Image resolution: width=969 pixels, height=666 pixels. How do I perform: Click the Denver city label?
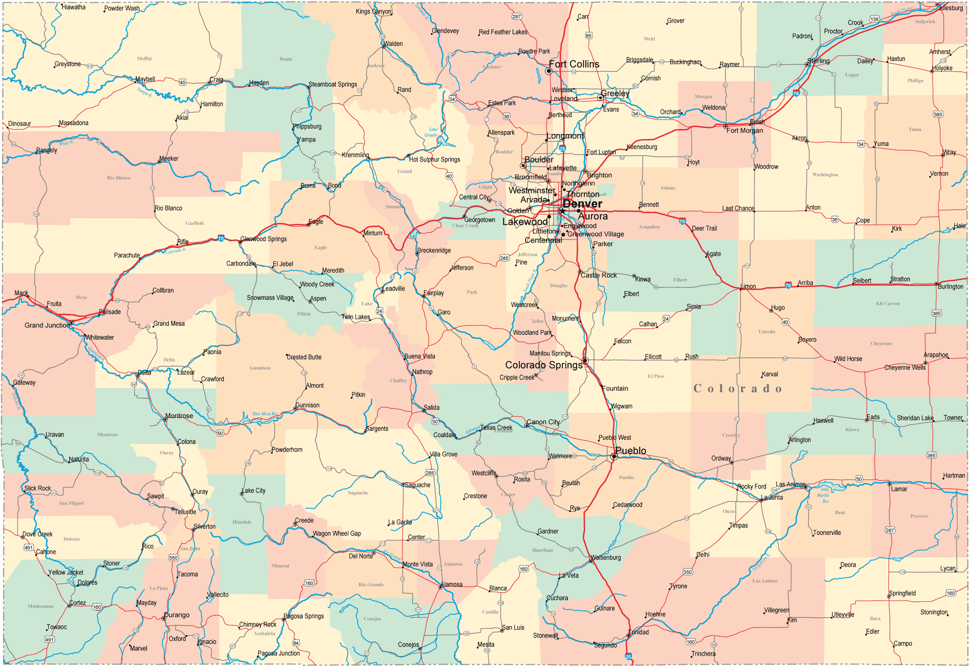tap(582, 204)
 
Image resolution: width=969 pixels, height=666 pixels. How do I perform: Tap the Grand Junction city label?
tap(47, 325)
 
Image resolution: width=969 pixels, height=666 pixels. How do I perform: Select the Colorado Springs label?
tap(544, 365)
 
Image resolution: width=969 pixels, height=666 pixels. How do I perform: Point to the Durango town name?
tap(176, 615)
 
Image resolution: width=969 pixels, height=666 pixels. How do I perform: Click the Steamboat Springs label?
tap(333, 84)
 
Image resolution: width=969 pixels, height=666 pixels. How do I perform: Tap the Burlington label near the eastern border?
tap(950, 286)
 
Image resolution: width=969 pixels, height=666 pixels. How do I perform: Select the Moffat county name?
tap(144, 59)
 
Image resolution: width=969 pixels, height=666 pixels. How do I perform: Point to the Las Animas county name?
tap(764, 581)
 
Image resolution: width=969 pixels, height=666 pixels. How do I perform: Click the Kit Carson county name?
tap(888, 303)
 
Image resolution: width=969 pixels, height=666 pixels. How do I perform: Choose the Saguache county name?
tap(358, 493)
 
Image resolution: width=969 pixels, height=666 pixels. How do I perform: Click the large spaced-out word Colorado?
tap(738, 388)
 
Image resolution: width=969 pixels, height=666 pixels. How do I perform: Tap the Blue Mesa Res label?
tap(265, 414)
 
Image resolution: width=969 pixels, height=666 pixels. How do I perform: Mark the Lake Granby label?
tap(432, 132)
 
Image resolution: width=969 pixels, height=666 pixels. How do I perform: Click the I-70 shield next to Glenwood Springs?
tap(221, 239)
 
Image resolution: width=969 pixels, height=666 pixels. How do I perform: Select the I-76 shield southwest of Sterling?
tap(796, 94)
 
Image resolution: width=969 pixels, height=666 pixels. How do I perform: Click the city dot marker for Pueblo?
tap(614, 456)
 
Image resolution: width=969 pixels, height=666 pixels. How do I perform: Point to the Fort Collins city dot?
tap(548, 71)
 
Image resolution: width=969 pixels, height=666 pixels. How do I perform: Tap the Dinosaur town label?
tap(20, 124)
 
